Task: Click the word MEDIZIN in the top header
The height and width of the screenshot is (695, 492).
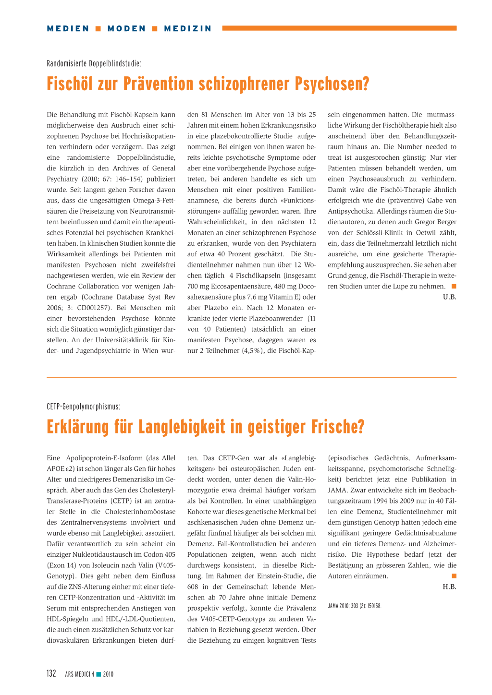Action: coord(187,28)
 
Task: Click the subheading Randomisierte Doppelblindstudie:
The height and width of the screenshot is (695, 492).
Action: coord(94,63)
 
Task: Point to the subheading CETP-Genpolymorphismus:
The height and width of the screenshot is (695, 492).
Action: coord(83,407)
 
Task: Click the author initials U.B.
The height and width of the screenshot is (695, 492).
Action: coord(449,297)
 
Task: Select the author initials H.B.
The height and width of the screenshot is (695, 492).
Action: coord(449,587)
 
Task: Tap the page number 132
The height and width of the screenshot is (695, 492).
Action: coord(51,673)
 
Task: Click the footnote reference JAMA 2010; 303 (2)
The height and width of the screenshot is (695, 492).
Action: coord(355,606)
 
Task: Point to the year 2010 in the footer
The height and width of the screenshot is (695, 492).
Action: coord(108,674)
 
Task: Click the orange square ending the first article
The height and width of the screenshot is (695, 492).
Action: coord(454,287)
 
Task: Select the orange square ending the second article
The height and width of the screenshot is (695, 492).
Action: coord(454,576)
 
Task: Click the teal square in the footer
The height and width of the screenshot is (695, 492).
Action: coord(98,674)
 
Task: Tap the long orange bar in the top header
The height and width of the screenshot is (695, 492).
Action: coord(339,28)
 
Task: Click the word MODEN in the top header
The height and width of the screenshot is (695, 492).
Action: coord(126,28)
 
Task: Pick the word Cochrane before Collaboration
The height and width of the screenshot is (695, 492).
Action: coord(61,287)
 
